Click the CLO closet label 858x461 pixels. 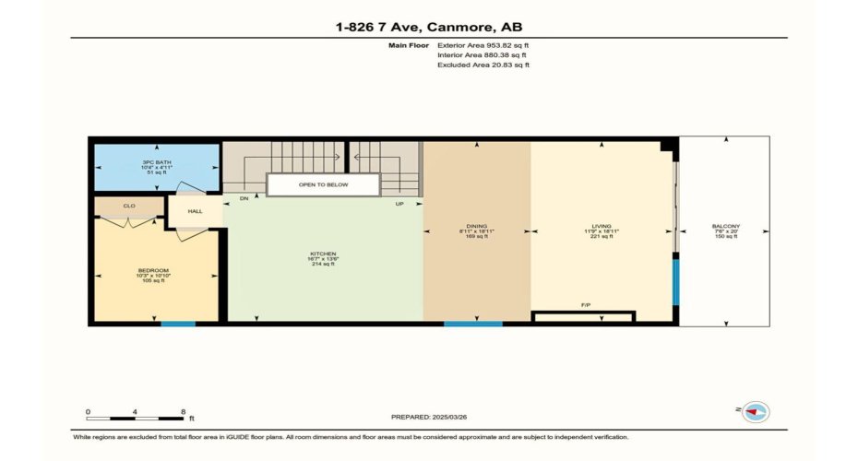[x=129, y=207]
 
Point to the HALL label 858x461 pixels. [x=195, y=211]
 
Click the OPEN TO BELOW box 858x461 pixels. [x=323, y=184]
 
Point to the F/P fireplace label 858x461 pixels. [x=586, y=305]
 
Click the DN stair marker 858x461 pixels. [x=244, y=198]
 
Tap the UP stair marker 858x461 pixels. [x=399, y=203]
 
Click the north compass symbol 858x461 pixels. [x=756, y=412]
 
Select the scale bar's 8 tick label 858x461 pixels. [x=183, y=411]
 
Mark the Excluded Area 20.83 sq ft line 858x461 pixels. [x=483, y=65]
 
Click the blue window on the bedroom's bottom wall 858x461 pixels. [x=178, y=324]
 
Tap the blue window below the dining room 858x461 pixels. [x=472, y=324]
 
